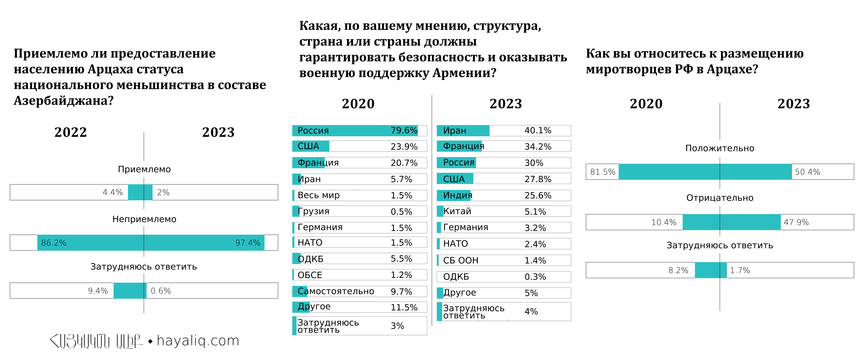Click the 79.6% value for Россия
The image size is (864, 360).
[404, 130]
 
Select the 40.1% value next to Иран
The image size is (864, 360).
[538, 130]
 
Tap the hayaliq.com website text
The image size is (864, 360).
[198, 341]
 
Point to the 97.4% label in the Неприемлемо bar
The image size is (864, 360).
[247, 243]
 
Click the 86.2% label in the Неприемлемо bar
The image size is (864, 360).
[54, 243]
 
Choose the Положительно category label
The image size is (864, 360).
[719, 148]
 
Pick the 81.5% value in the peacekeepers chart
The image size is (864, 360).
[602, 172]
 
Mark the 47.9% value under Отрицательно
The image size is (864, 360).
[796, 222]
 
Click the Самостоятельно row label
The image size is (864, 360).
[336, 291]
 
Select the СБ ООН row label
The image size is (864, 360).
[461, 260]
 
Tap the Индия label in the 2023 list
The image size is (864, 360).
[458, 195]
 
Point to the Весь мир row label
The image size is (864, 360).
[318, 195]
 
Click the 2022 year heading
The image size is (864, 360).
[70, 132]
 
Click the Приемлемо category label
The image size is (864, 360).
[144, 169]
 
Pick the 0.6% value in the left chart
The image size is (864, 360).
[161, 291]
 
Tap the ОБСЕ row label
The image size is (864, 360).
[310, 275]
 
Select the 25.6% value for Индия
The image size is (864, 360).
[538, 196]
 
